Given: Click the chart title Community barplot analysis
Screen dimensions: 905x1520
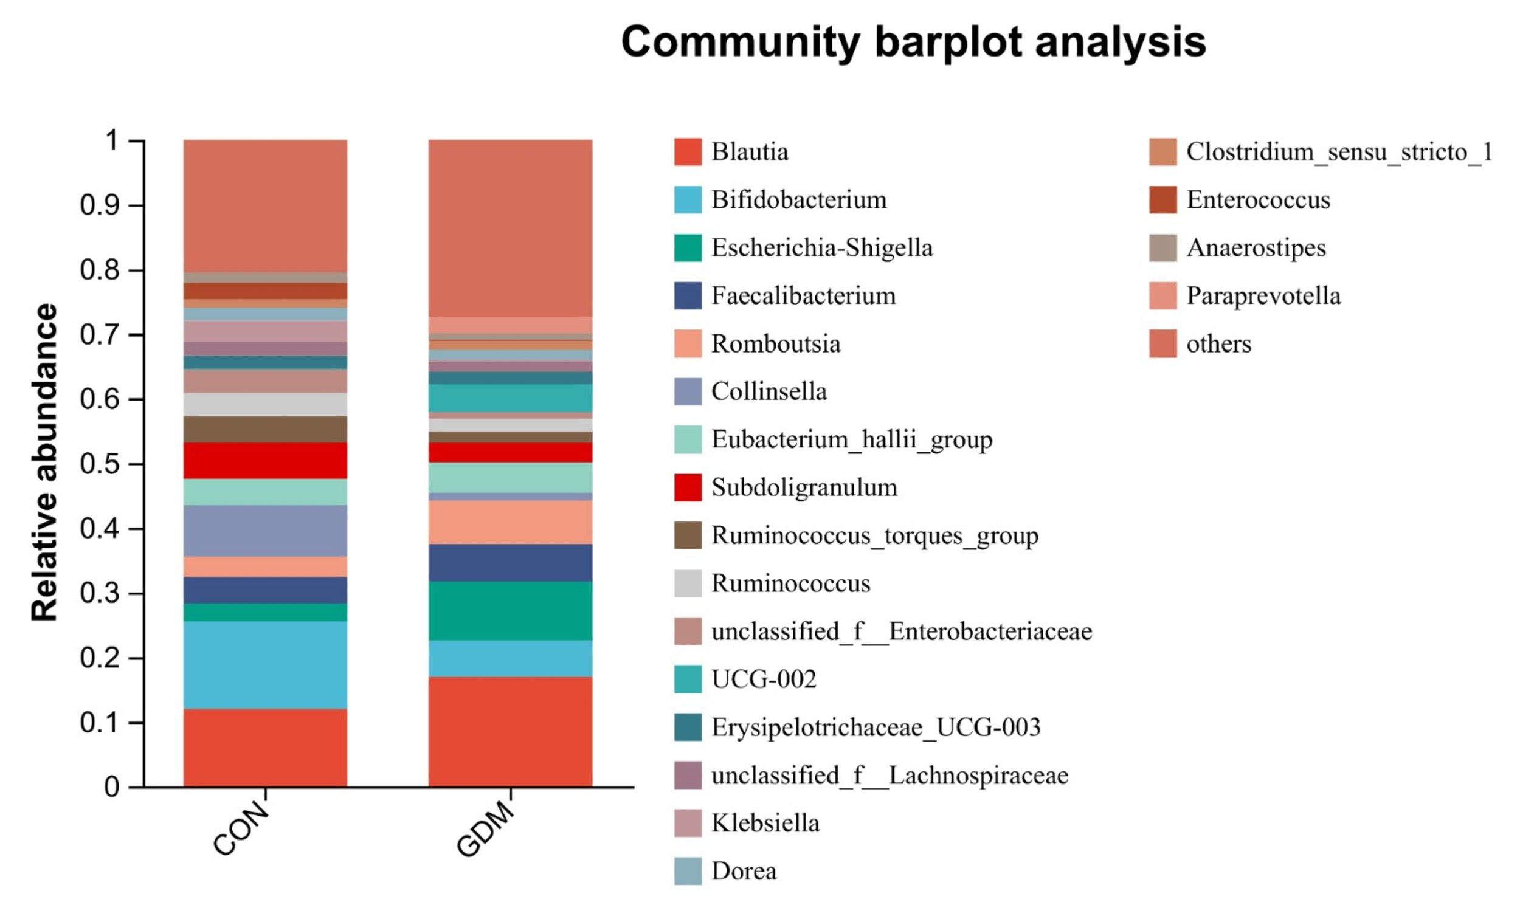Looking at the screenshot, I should [x=913, y=42].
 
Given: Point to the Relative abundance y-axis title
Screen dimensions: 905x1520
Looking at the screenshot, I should [x=44, y=463].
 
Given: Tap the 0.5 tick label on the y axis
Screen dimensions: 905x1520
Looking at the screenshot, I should [x=100, y=464].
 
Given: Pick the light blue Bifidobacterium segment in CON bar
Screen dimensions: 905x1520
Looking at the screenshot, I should [x=265, y=665].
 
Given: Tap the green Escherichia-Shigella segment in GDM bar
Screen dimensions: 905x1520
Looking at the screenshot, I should [x=510, y=610].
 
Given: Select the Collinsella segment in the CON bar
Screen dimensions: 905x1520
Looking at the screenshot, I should [x=265, y=531].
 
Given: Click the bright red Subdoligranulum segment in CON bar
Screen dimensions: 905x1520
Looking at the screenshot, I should [x=265, y=461].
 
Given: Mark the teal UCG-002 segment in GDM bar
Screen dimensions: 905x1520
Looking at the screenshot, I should [x=510, y=397].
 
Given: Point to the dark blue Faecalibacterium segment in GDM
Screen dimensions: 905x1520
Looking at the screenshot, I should [x=510, y=562].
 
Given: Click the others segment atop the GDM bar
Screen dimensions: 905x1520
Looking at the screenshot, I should [x=510, y=228].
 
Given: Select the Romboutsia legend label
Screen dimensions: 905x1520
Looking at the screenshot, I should [x=776, y=344].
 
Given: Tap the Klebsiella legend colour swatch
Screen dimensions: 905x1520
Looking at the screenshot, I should [x=688, y=824].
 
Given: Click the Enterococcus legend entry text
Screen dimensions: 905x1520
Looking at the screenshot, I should [x=1258, y=200].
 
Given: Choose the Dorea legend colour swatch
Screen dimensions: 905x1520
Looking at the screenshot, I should [x=688, y=871].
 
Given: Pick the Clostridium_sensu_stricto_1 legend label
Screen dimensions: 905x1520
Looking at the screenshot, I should [x=1339, y=152].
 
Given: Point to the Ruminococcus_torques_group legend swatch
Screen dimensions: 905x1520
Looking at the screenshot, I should [x=688, y=535].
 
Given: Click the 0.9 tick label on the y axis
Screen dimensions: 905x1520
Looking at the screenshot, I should [x=100, y=205].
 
